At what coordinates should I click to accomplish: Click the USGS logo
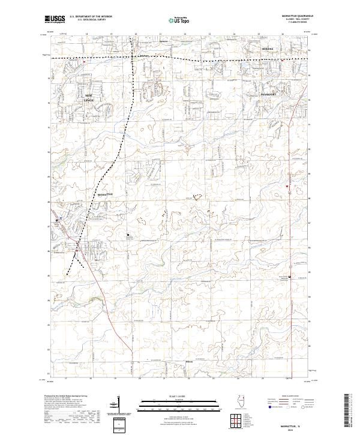pyautogui.click(x=55, y=20)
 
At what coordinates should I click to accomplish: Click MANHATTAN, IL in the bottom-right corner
pyautogui.click(x=293, y=422)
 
